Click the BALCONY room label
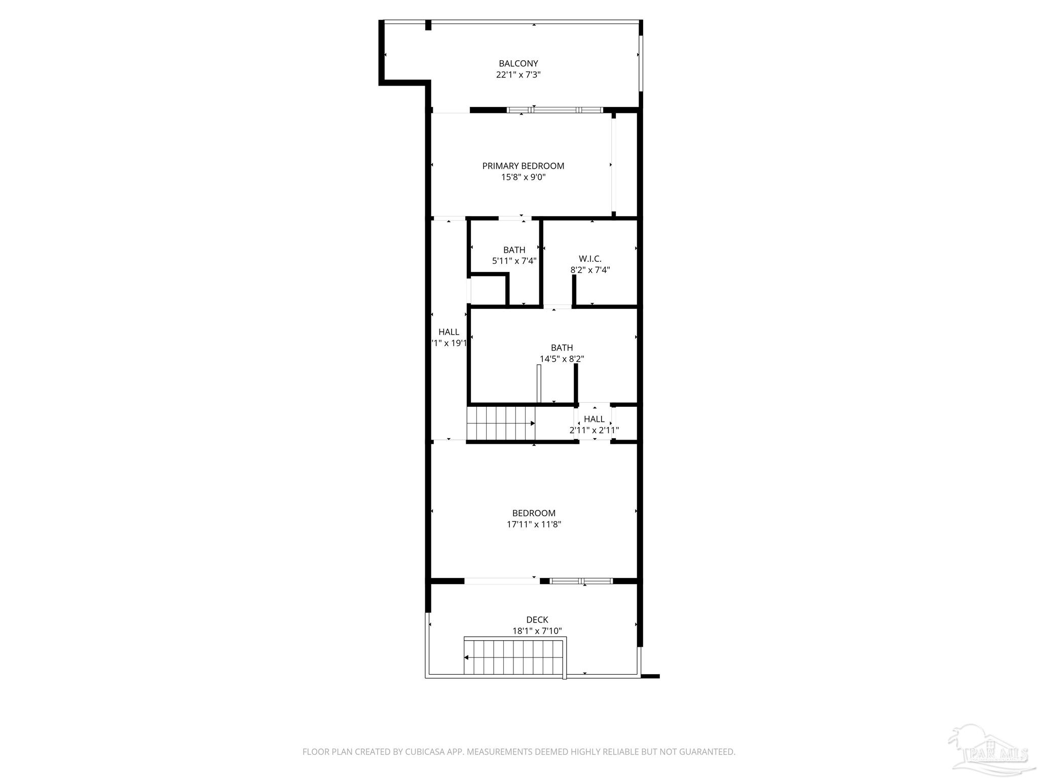(518, 64)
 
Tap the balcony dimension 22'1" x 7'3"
(518, 75)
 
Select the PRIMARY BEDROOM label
(523, 166)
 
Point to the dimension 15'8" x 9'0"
(523, 177)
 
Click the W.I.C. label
(590, 259)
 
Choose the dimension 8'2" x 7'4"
(590, 270)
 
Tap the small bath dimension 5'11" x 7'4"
(514, 261)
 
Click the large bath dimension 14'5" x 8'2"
(562, 359)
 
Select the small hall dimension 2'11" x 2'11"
(594, 431)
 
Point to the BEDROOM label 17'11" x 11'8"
(534, 513)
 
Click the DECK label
(537, 619)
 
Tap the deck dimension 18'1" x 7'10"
(537, 631)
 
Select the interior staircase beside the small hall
(501, 423)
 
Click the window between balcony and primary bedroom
(554, 110)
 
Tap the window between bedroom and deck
(581, 581)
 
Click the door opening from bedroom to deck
(502, 581)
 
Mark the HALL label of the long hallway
(449, 332)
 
